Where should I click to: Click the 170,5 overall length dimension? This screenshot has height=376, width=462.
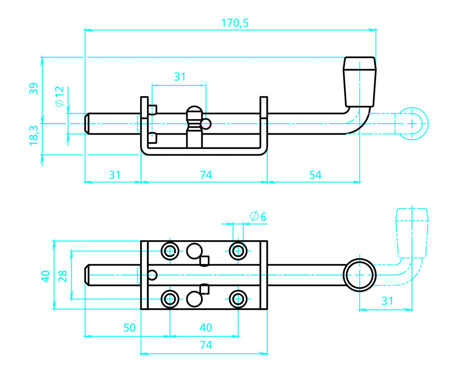tap(235, 23)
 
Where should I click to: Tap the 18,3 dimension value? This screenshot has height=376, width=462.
tap(34, 135)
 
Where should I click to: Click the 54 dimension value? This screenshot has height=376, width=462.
tap(315, 175)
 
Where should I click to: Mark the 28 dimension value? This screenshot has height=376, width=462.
tap(63, 276)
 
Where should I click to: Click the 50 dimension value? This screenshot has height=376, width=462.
tap(129, 328)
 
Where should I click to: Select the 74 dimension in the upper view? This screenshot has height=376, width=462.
tap(206, 175)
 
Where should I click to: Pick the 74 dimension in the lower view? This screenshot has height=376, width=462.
tap(206, 345)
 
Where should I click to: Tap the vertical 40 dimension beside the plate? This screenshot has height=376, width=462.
tap(46, 276)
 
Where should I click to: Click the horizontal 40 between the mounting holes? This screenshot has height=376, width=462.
tap(206, 328)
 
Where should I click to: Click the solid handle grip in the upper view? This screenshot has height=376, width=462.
tap(360, 82)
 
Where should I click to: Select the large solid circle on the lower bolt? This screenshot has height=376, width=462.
tap(360, 274)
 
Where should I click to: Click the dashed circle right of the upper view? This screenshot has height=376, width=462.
tap(412, 124)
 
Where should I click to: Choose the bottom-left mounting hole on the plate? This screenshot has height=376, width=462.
tap(170, 299)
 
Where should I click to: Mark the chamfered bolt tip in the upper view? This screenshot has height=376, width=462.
tap(87, 124)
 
